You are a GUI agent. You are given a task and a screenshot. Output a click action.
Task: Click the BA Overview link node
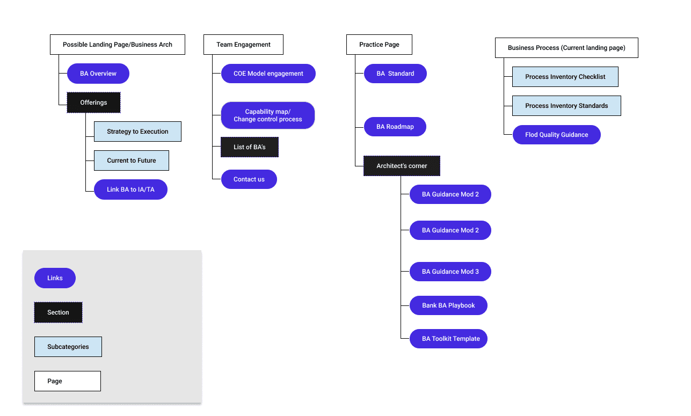tap(98, 74)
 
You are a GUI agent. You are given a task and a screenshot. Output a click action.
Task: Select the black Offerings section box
tap(93, 103)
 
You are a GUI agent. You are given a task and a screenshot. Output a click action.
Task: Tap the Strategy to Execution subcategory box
tap(137, 132)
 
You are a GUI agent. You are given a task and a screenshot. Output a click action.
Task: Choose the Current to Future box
tap(132, 160)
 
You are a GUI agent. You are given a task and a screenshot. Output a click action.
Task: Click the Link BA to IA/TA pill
tap(131, 189)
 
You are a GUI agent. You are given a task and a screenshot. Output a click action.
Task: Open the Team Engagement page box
tap(243, 45)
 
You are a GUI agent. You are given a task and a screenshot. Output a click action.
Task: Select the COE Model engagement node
tap(268, 74)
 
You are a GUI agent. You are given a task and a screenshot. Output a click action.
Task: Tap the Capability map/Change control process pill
tap(268, 115)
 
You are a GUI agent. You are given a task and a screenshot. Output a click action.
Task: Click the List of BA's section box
tap(250, 147)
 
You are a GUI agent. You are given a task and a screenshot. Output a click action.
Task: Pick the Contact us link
tap(249, 179)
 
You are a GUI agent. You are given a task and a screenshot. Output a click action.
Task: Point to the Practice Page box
tap(379, 45)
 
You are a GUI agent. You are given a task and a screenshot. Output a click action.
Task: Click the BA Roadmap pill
tap(395, 127)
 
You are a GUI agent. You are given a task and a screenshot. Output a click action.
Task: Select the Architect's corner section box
tap(402, 166)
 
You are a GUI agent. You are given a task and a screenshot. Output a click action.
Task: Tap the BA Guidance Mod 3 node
tap(450, 272)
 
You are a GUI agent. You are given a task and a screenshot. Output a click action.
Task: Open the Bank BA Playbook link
tap(448, 305)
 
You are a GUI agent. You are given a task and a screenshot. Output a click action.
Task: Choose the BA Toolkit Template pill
tap(448, 339)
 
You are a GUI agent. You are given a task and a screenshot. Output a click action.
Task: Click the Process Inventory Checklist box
tap(565, 77)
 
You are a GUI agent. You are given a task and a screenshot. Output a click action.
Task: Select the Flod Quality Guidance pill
tap(556, 134)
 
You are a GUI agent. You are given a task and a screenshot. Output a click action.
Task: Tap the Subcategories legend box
tap(68, 347)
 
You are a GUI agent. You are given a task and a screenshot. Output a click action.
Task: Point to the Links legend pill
tap(55, 278)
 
